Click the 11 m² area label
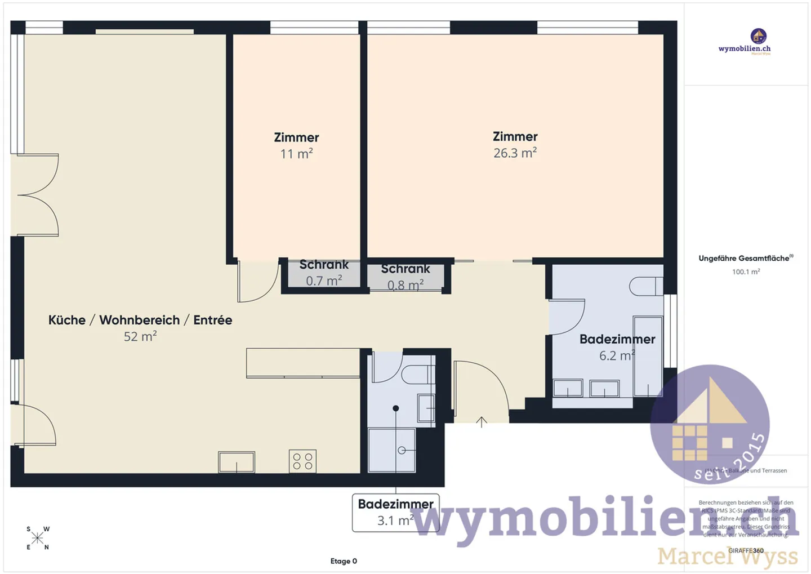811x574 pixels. [296, 154]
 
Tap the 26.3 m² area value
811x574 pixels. [515, 153]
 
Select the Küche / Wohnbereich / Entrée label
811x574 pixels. [140, 320]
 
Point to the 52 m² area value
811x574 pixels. [140, 336]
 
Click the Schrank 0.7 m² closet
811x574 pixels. [324, 273]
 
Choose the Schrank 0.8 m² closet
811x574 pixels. [405, 277]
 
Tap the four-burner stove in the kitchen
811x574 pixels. [302, 461]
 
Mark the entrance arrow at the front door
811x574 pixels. [482, 421]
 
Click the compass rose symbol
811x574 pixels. [38, 538]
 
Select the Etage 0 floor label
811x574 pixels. [344, 561]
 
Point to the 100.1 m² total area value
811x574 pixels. [746, 272]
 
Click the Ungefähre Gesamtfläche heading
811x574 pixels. [745, 259]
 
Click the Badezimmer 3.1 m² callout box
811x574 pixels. [395, 512]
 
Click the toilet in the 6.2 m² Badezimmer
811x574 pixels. [645, 286]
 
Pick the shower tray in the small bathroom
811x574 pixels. [392, 450]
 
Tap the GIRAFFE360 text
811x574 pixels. [746, 550]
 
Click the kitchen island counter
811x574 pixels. [303, 363]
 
